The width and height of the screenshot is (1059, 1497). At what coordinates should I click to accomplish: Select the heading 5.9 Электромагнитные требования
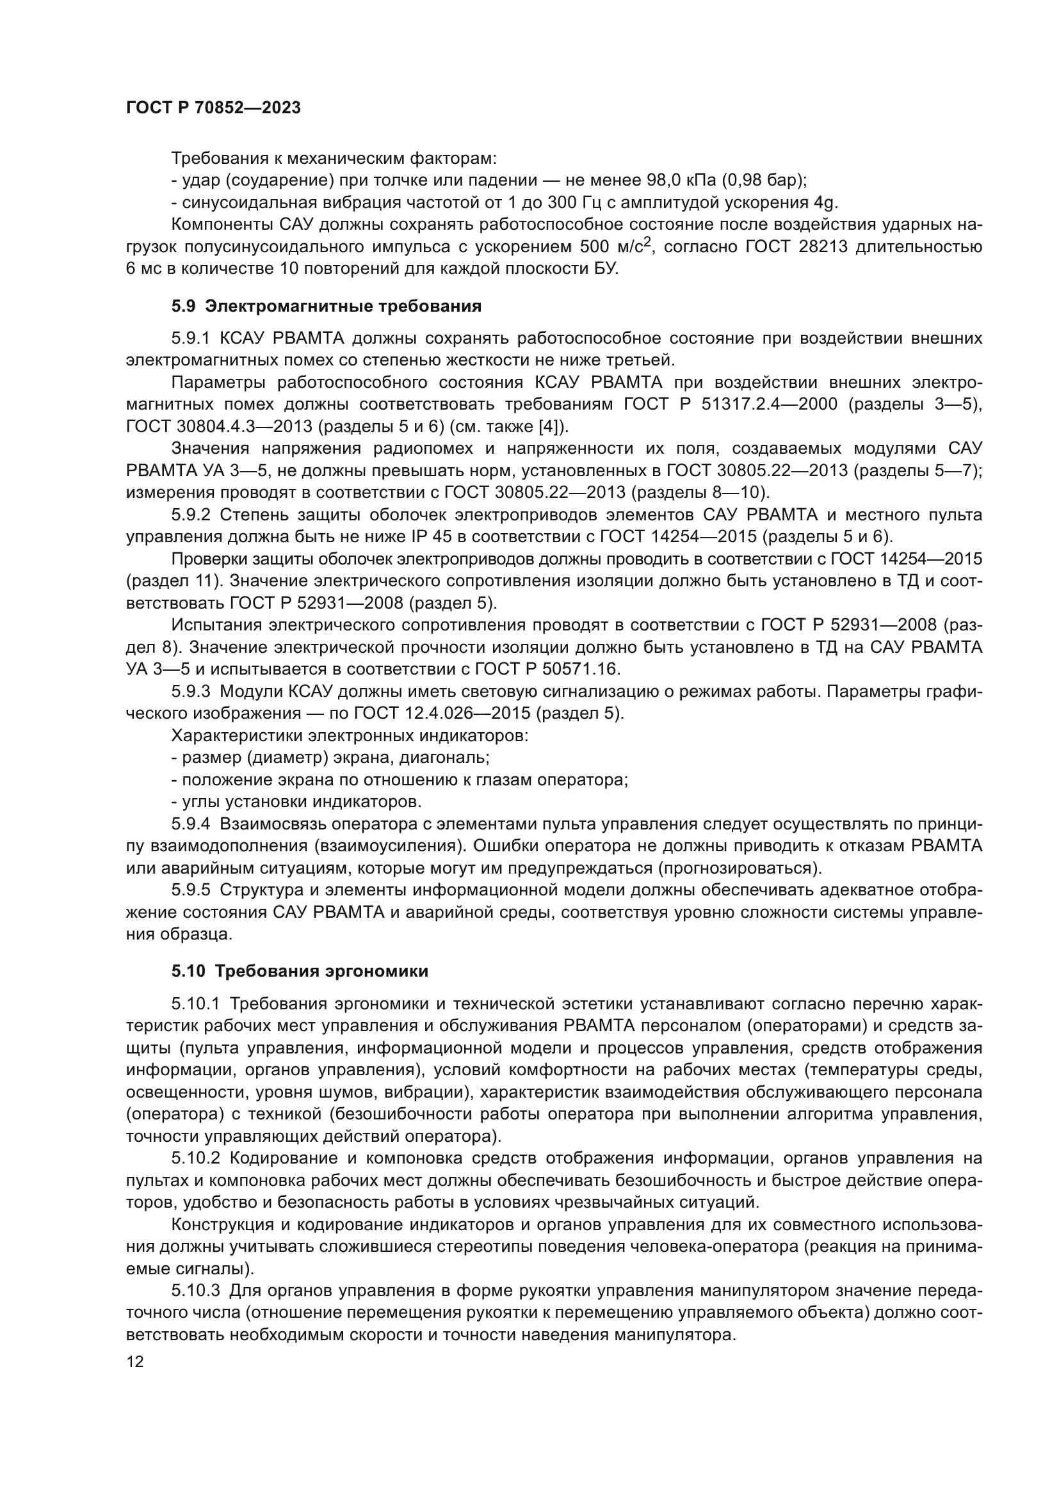[326, 307]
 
